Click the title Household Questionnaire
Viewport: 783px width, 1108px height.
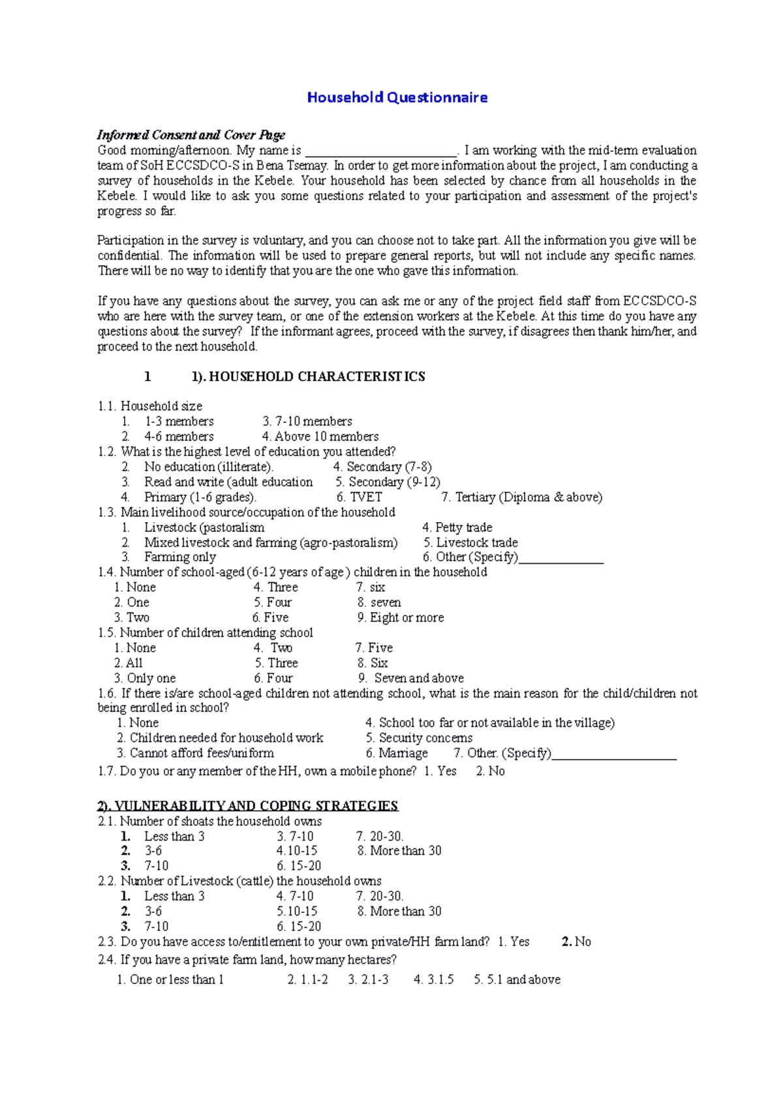[397, 98]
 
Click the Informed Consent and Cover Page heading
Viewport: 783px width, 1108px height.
[191, 135]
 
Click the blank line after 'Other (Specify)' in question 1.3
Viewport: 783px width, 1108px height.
[561, 559]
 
